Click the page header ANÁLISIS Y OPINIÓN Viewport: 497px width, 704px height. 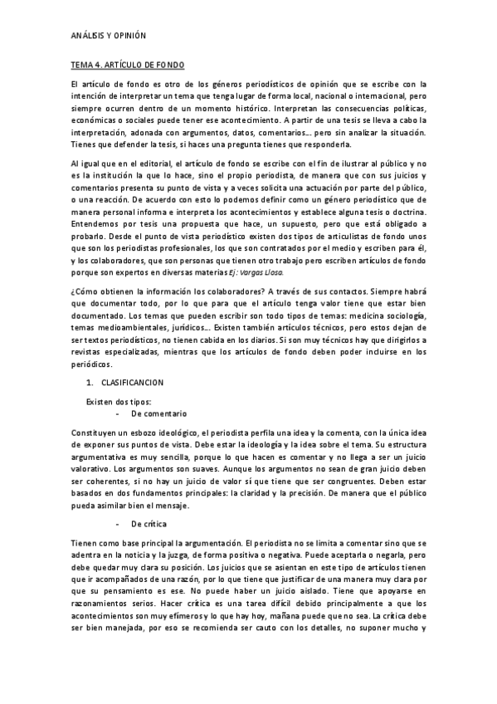click(x=108, y=37)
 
